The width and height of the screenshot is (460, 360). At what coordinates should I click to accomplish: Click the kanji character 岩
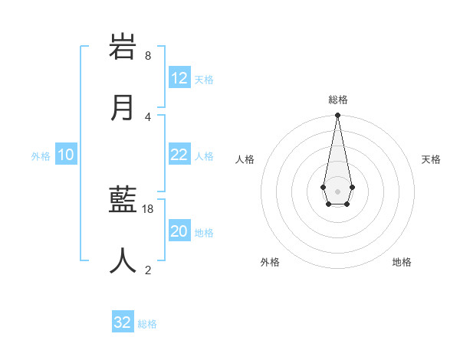click(123, 47)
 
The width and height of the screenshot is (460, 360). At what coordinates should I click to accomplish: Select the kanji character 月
click(123, 107)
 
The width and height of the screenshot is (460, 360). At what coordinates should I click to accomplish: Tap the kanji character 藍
click(123, 199)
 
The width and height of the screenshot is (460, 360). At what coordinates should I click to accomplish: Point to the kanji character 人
click(123, 260)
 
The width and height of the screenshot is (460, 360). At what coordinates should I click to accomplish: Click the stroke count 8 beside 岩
click(148, 56)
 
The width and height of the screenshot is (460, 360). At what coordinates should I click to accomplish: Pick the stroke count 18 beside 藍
click(148, 208)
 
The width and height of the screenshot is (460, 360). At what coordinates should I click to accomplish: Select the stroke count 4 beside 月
click(148, 116)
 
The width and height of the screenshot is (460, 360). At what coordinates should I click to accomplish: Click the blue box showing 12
click(179, 78)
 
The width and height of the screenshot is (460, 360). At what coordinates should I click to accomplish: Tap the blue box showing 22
click(179, 155)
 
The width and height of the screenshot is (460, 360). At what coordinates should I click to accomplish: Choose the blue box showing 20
click(179, 231)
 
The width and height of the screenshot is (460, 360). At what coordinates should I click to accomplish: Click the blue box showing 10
click(66, 155)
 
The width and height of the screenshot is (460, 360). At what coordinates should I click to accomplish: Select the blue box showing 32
click(123, 322)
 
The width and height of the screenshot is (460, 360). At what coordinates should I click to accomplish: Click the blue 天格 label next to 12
click(204, 80)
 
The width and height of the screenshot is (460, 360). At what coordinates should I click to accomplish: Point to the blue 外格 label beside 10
click(41, 156)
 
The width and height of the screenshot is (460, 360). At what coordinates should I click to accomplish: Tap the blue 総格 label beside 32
click(147, 324)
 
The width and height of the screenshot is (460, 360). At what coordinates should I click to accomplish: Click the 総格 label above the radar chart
click(337, 100)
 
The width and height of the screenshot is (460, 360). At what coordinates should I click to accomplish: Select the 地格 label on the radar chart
click(402, 262)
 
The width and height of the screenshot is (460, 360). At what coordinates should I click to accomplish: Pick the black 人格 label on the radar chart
click(245, 159)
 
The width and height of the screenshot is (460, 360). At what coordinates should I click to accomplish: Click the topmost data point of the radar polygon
click(337, 116)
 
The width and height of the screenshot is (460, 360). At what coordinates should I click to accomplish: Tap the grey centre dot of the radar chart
click(337, 190)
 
